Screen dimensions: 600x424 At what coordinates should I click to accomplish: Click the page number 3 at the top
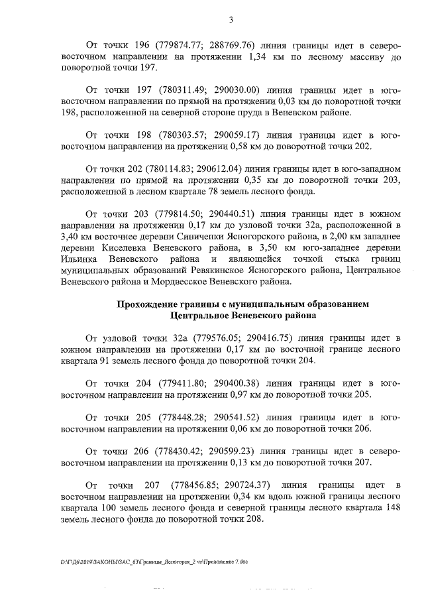coord(231,19)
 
